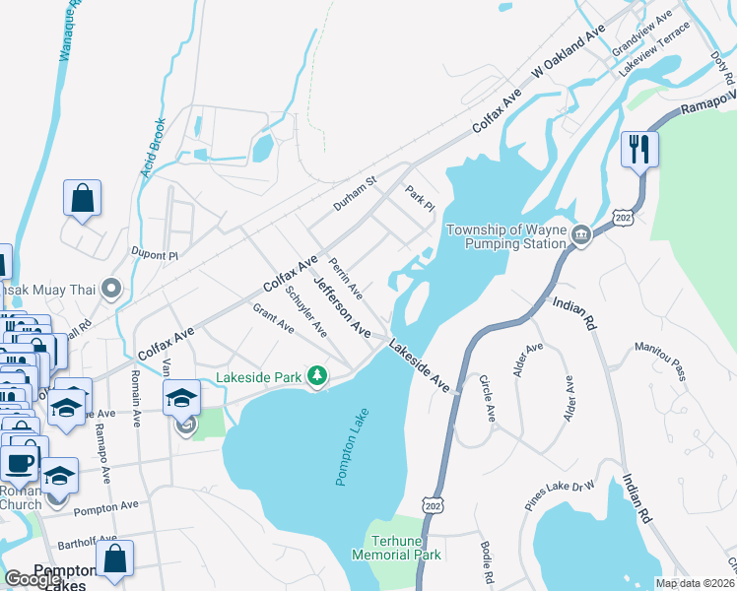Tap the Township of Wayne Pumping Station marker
[x=581, y=235]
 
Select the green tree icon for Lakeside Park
[x=317, y=376]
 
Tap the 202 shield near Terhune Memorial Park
[x=433, y=504]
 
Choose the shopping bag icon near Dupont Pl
[x=82, y=197]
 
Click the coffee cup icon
[x=20, y=461]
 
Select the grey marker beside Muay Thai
[x=112, y=289]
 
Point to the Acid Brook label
[x=153, y=148]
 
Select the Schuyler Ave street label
[x=305, y=310]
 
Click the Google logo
[x=33, y=580]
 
